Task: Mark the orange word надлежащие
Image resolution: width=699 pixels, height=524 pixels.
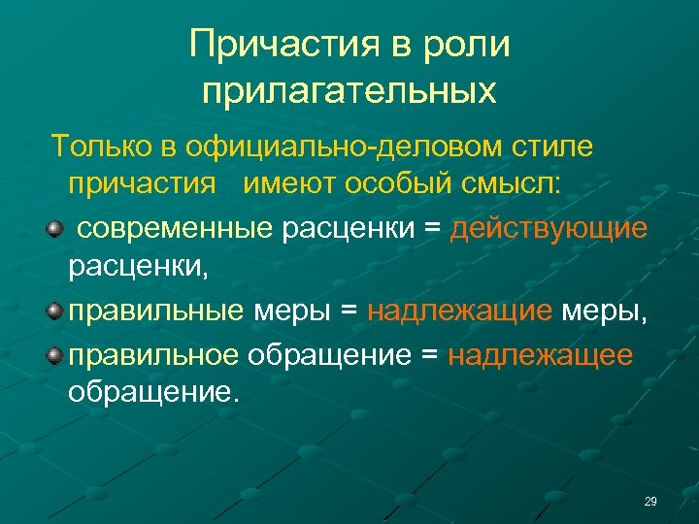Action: click(460, 311)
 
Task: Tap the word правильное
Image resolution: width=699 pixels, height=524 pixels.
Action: click(153, 354)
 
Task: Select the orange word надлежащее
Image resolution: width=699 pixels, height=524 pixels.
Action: click(541, 354)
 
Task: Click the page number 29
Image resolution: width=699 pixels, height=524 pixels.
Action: click(650, 502)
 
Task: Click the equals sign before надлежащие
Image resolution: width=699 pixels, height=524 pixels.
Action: click(350, 311)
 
